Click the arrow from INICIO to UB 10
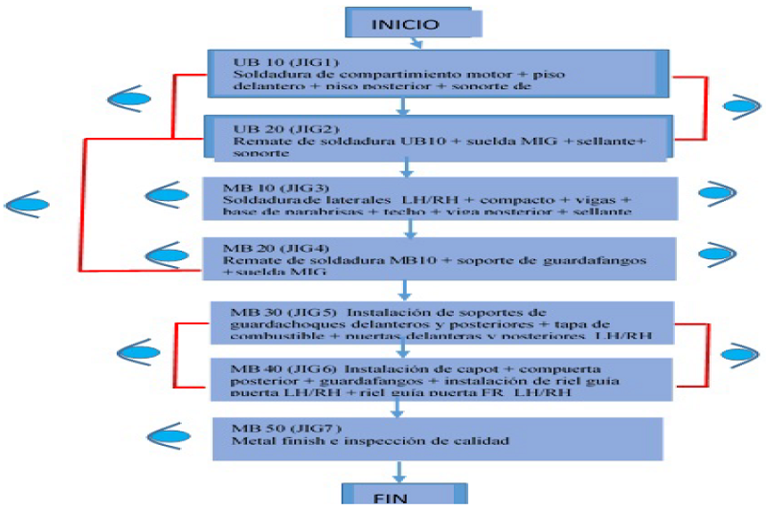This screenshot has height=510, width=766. [x=415, y=42]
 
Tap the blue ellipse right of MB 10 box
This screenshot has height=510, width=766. [x=717, y=193]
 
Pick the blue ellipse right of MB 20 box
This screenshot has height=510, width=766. [x=717, y=253]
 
